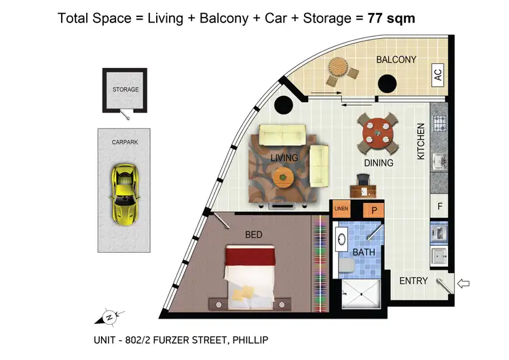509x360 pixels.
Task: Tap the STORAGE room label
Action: (126, 89)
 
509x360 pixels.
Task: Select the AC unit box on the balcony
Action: (438, 75)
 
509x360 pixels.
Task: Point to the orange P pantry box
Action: (373, 211)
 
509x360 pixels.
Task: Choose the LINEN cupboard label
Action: (342, 210)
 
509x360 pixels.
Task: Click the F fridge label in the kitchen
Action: (440, 206)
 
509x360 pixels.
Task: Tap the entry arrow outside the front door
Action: (466, 283)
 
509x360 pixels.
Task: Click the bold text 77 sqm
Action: (391, 18)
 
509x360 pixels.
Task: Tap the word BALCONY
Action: (396, 60)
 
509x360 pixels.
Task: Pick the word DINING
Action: (378, 163)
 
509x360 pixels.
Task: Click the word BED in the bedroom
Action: (253, 235)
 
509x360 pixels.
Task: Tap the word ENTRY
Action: (413, 281)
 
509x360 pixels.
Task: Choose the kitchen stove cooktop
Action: (438, 124)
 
